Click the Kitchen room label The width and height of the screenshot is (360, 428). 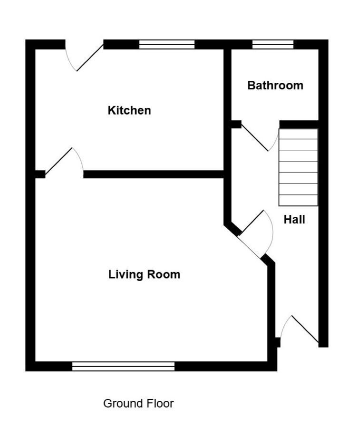coord(129,110)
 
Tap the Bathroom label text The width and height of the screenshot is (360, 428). coord(275,86)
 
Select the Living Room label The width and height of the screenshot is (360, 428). coord(145,274)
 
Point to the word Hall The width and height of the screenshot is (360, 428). coord(294,219)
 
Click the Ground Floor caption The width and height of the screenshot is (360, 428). coord(138,403)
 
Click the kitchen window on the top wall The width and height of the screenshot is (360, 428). coord(167,44)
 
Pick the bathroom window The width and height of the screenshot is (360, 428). coord(273,44)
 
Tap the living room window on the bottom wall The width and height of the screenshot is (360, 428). coord(123,366)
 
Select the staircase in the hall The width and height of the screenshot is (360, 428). coord(298,167)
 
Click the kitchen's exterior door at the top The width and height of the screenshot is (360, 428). coord(84,56)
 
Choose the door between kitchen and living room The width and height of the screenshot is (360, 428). coord(64,163)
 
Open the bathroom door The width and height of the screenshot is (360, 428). coord(260,137)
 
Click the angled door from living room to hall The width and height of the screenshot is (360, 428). coord(255,234)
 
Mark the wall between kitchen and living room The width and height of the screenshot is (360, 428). coord(154,175)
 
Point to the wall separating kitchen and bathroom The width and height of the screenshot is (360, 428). coord(227,109)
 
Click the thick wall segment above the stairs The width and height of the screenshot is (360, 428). coord(299,125)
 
